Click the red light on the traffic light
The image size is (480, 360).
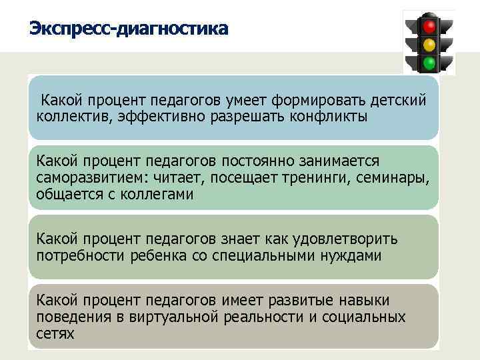429,27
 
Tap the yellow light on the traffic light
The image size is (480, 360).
429,45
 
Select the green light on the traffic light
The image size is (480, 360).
429,63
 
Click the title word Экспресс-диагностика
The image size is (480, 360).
129,29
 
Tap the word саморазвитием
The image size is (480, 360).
93,178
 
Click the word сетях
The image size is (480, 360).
55,333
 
